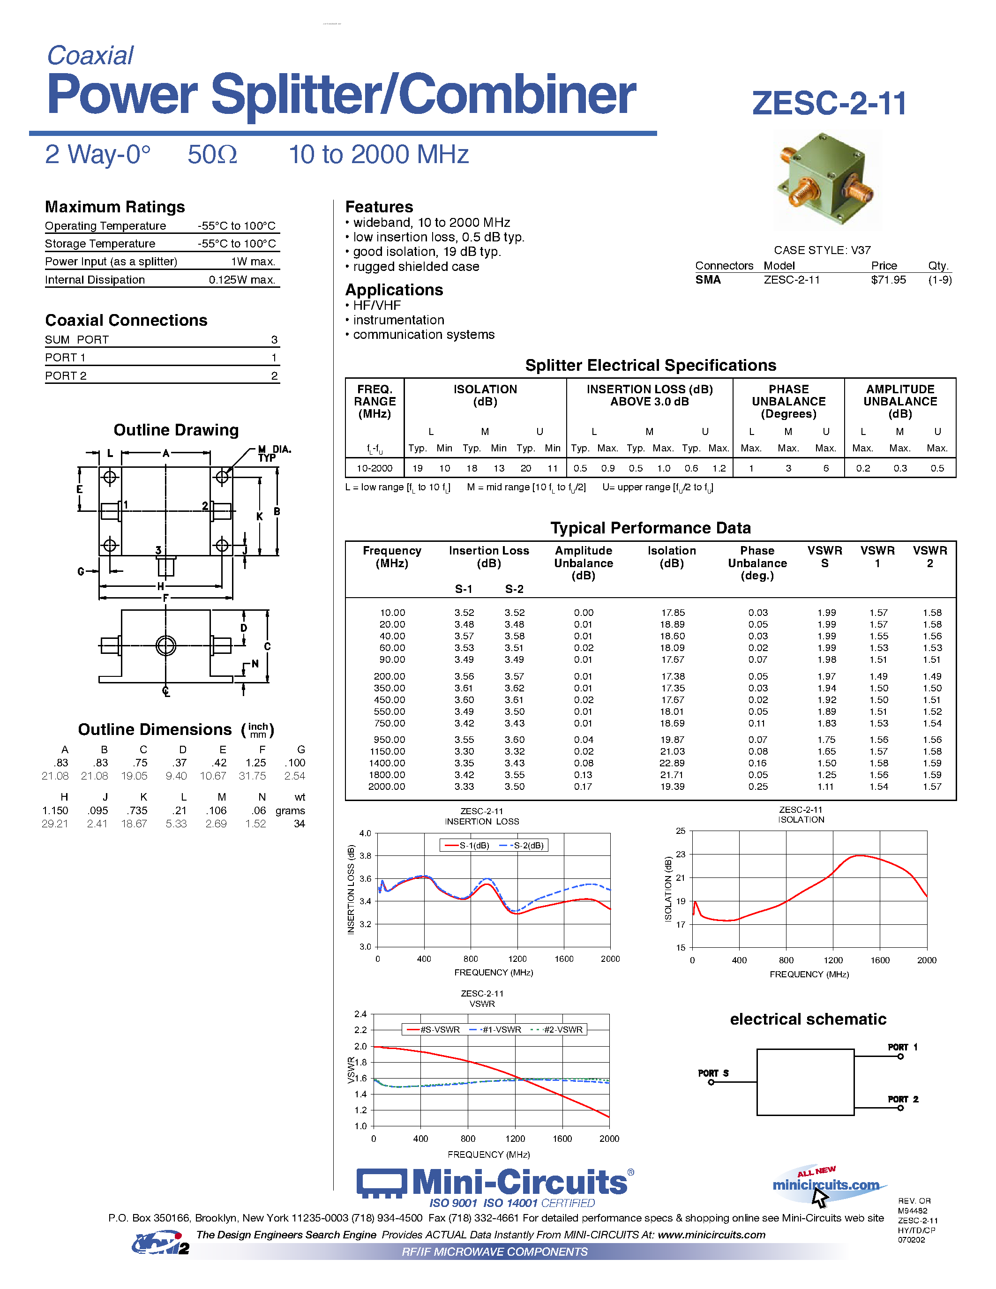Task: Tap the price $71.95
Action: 888,280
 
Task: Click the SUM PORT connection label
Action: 77,339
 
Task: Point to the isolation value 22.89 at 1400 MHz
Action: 672,763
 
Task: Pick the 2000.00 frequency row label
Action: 387,787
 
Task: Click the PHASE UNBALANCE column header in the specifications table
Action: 788,401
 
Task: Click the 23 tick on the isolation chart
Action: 680,854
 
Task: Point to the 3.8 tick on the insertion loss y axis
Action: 365,856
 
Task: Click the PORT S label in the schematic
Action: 713,1073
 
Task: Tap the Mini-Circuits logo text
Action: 519,1182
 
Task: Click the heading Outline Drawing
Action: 176,430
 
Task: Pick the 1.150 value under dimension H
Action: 55,810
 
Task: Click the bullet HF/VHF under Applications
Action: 376,305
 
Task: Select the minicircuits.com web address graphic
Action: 825,1185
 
